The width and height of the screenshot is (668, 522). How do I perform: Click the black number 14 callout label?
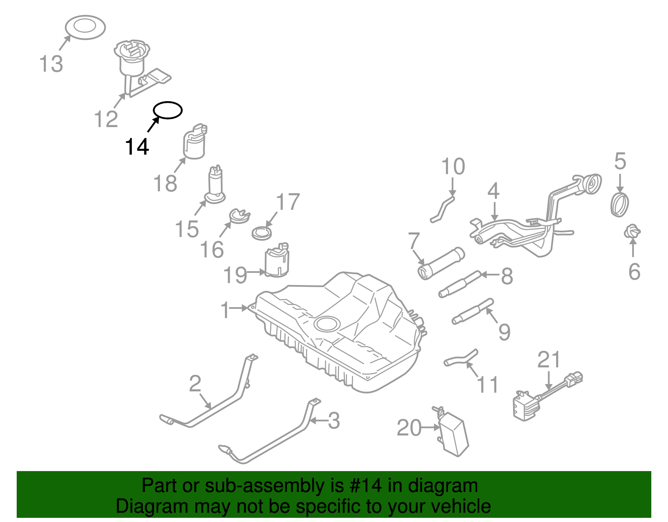click(137, 147)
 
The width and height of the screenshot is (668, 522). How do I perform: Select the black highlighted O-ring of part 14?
click(168, 110)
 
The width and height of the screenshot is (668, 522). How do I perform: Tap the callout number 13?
click(51, 64)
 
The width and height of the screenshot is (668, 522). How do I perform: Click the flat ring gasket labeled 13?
click(86, 28)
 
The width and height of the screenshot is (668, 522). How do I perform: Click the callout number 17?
click(288, 202)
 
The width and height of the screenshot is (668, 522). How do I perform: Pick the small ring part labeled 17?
click(262, 233)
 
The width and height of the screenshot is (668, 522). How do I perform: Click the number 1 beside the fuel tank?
click(225, 310)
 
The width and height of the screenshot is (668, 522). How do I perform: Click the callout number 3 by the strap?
click(334, 420)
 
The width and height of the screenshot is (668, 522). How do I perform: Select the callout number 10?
click(453, 166)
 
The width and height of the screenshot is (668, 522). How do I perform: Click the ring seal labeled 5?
click(620, 204)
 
